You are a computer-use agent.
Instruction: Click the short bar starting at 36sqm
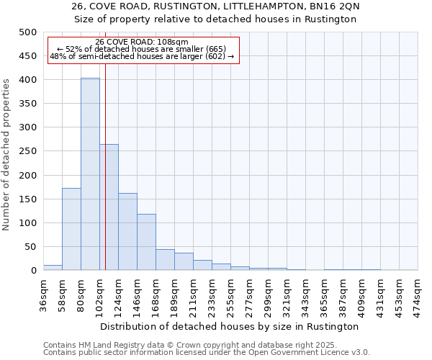pyautogui.click(x=53, y=268)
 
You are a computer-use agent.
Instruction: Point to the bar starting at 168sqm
pyautogui.click(x=165, y=260)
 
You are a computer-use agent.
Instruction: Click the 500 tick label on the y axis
pyautogui.click(x=27, y=32)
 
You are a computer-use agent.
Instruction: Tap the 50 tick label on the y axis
pyautogui.click(x=30, y=247)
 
